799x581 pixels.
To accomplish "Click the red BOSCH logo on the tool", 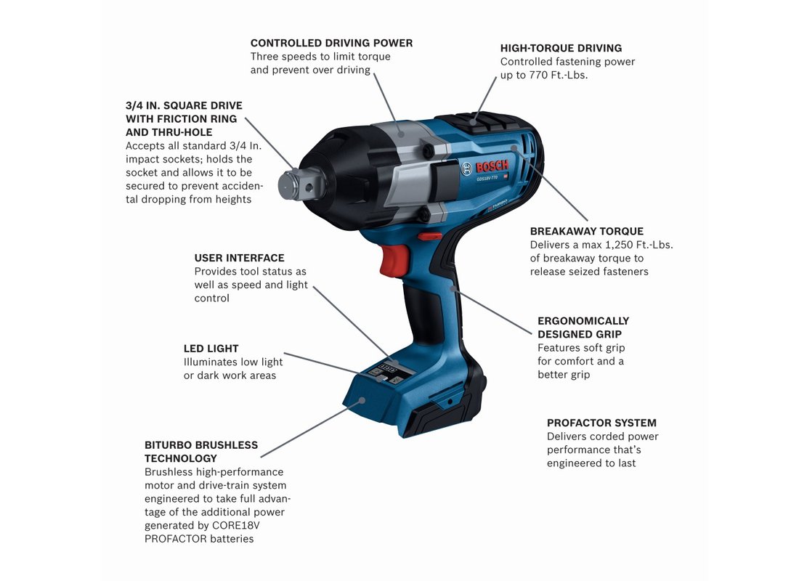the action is [x=492, y=166].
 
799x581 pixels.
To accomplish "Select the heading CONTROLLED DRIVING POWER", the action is [x=331, y=44].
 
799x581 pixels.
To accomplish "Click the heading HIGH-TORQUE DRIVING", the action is [x=561, y=49].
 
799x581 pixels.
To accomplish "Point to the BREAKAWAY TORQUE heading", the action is [x=586, y=232].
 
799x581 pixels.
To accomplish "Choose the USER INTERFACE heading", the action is [x=239, y=259].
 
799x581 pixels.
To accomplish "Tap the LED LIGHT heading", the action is [x=211, y=349].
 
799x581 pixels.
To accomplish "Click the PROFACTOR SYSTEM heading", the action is [x=601, y=423].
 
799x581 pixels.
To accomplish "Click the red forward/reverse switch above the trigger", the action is [x=430, y=236].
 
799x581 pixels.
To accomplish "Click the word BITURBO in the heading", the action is [x=169, y=445].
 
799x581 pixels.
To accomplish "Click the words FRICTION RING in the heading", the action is [x=197, y=119].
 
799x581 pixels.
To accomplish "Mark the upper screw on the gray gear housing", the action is [x=429, y=150].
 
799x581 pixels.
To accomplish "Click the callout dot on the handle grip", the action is [x=453, y=288].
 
